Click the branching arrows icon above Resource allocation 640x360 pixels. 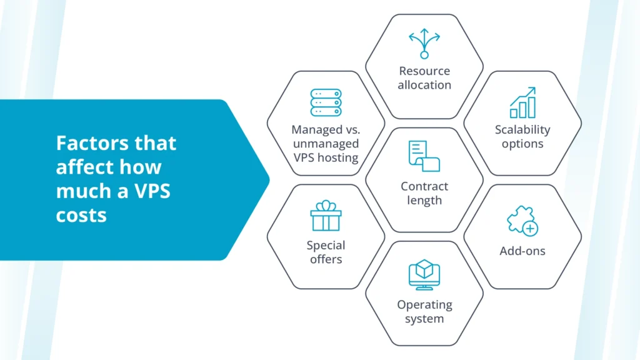tap(424, 44)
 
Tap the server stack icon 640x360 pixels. tap(326, 102)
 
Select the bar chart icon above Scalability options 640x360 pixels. tap(522, 103)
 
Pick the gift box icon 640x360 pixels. tap(326, 216)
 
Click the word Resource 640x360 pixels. tap(424, 71)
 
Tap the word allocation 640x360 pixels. tap(424, 84)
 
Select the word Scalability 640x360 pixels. tap(522, 130)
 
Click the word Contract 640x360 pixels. tap(424, 186)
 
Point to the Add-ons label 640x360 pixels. tap(522, 251)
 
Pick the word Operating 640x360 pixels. tap(424, 305)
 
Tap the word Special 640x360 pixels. tap(326, 245)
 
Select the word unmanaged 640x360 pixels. tap(326, 144)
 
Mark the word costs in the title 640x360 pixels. tap(81, 215)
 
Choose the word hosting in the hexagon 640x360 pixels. tap(338, 157)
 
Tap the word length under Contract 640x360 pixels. tap(424, 201)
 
